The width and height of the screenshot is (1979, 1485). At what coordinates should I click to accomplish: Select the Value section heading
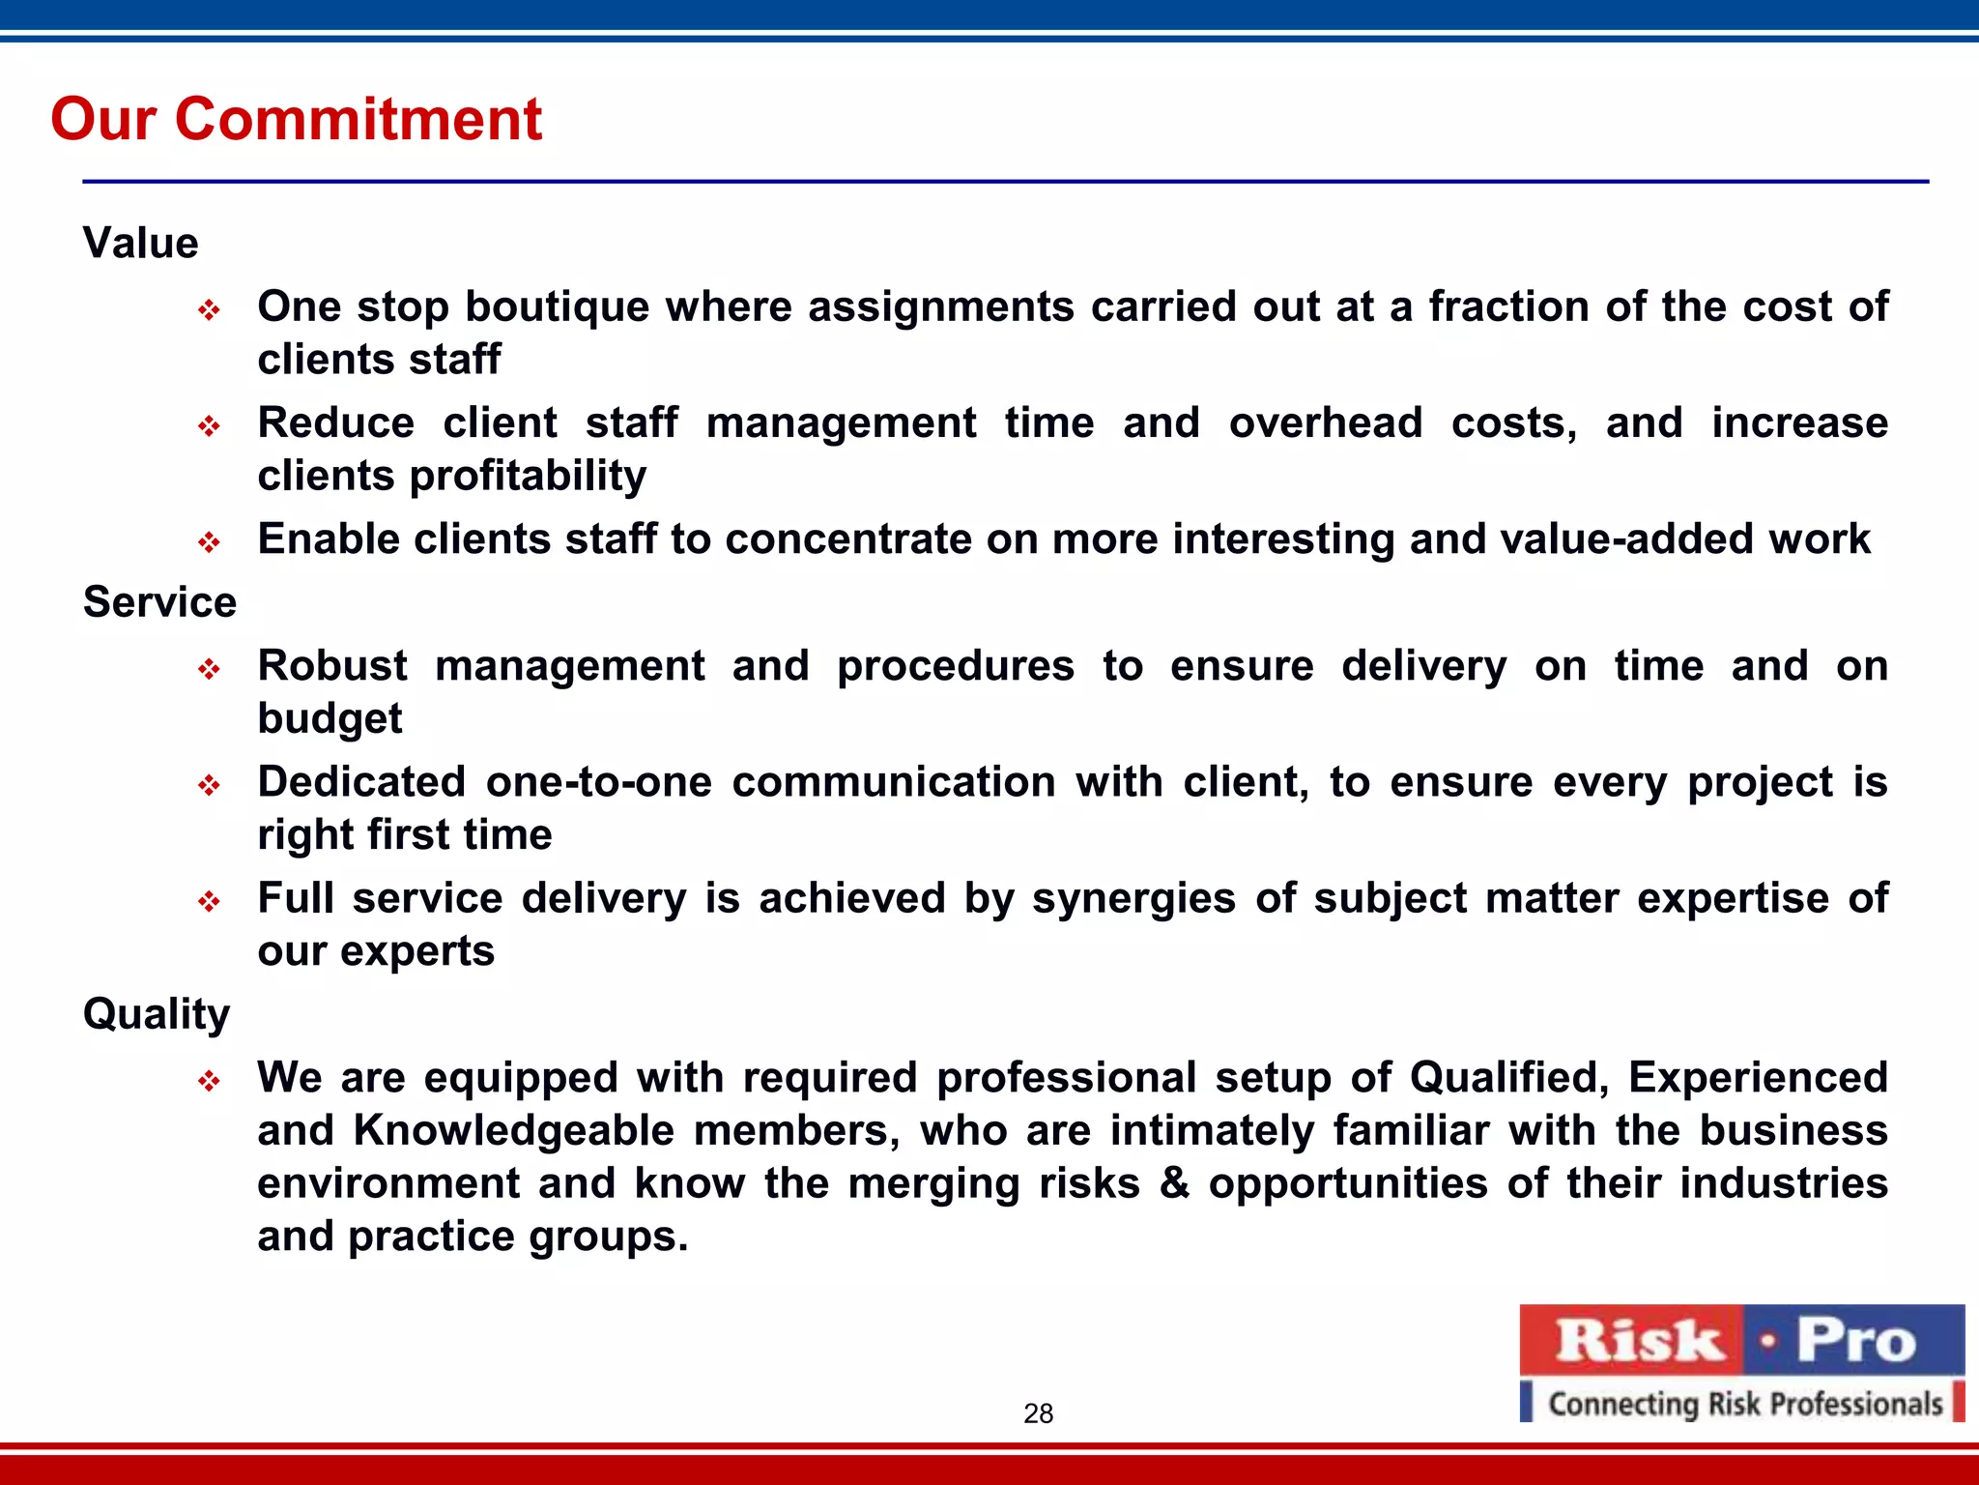coord(141,243)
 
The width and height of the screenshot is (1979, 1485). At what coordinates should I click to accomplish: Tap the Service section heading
coord(159,602)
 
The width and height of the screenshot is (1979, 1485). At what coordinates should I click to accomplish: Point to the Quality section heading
coord(157,1014)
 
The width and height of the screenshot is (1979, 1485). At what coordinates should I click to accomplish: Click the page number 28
coord(1038,1413)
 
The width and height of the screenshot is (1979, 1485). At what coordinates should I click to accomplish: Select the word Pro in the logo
coord(1854,1341)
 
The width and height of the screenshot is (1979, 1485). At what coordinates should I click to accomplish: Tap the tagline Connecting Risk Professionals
coord(1744,1403)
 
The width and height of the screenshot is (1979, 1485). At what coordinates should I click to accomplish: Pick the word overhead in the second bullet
coord(1325,423)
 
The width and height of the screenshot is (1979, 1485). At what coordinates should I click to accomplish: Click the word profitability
coord(528,477)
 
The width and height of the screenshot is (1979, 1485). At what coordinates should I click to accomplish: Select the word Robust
coord(332,666)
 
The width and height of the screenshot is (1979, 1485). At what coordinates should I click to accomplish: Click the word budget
coord(330,719)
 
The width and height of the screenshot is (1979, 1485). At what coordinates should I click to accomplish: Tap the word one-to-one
coord(598,782)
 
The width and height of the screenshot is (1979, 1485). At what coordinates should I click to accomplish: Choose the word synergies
coord(1133,898)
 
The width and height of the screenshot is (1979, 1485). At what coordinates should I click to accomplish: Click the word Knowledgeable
coord(513,1130)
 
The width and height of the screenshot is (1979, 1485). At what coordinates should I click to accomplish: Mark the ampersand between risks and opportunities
coord(1174,1182)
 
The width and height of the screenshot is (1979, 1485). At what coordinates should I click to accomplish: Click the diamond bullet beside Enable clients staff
coord(210,541)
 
